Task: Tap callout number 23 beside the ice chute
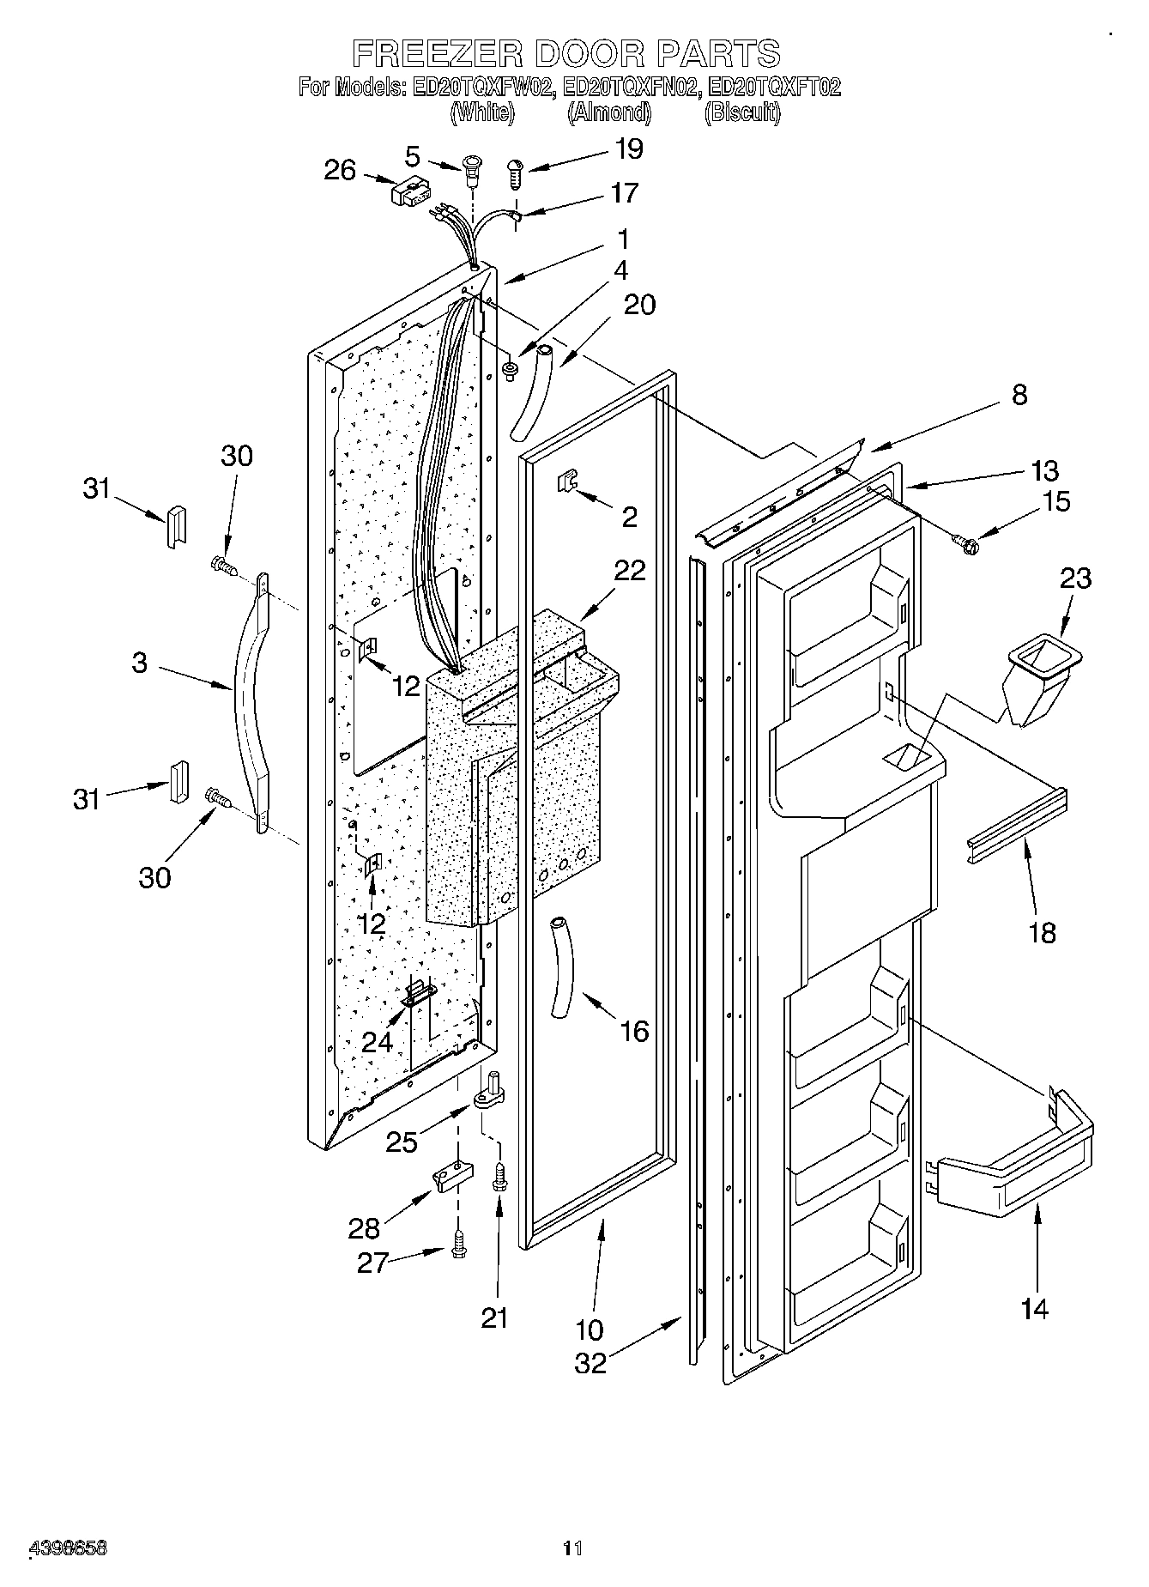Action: [x=1075, y=578]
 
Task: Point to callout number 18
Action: [x=1042, y=932]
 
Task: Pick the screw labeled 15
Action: [x=965, y=541]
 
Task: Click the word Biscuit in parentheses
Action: [x=742, y=113]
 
